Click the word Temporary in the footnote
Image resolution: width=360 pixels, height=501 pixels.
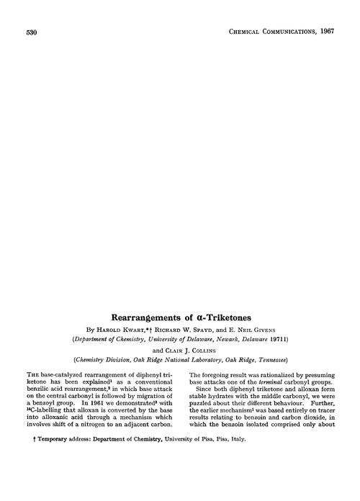point(49,477)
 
